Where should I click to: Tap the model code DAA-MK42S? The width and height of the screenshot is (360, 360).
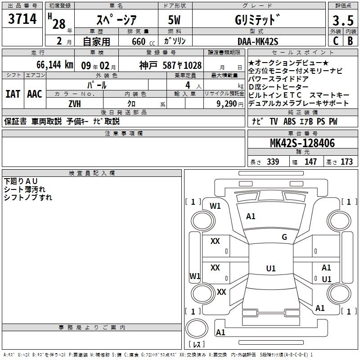(258, 41)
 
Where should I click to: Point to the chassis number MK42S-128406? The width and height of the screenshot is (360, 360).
(302, 144)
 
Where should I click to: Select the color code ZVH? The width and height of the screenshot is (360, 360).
(75, 103)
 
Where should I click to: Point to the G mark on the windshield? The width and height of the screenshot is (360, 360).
(284, 237)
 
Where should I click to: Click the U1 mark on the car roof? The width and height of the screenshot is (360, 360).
(270, 269)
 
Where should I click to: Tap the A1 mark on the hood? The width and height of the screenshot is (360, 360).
(251, 216)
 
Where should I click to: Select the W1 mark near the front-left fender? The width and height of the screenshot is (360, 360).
(216, 206)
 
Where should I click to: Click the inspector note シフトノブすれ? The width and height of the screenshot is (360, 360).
(28, 197)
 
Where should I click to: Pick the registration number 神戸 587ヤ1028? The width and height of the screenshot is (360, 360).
(170, 65)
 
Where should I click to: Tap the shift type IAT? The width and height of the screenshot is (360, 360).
(13, 94)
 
